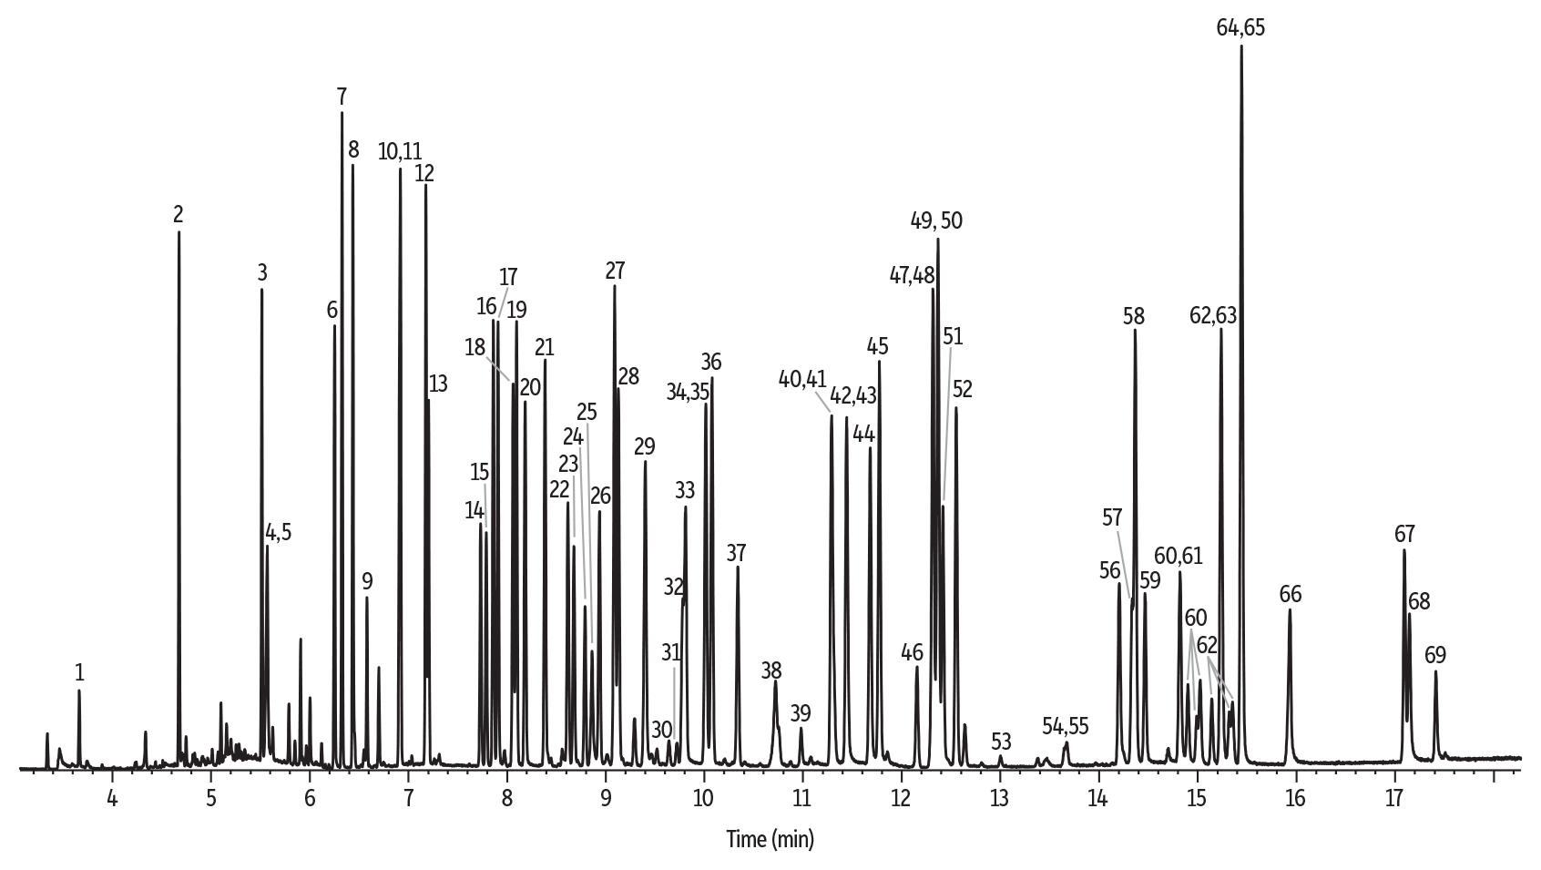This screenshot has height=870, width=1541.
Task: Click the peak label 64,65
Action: click(x=1240, y=27)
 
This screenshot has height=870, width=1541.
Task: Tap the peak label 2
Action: click(x=179, y=214)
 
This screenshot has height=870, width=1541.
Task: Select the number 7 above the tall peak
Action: click(x=342, y=96)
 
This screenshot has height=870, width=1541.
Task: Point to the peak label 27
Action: click(x=615, y=270)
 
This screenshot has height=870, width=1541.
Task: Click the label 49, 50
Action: click(x=936, y=220)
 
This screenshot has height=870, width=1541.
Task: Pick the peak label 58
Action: click(x=1134, y=316)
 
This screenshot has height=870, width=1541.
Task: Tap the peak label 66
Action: click(x=1290, y=594)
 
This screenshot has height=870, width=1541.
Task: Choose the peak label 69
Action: click(x=1435, y=654)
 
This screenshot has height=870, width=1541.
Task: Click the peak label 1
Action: click(x=79, y=672)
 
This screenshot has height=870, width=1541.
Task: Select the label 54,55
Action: click(x=1066, y=725)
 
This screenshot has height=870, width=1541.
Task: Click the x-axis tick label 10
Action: click(x=704, y=798)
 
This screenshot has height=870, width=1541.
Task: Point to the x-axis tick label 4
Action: click(x=112, y=798)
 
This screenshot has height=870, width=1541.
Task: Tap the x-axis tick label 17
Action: click(x=1393, y=798)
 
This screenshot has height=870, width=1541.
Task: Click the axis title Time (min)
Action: click(x=770, y=838)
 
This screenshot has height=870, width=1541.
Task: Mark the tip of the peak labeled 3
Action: click(x=261, y=290)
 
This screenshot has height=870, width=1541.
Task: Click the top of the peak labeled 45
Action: click(x=879, y=362)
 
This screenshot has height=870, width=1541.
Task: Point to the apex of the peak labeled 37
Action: click(x=737, y=568)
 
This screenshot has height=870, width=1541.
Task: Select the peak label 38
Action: click(x=771, y=670)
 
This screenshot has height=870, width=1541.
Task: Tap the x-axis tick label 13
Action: click(x=999, y=798)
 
